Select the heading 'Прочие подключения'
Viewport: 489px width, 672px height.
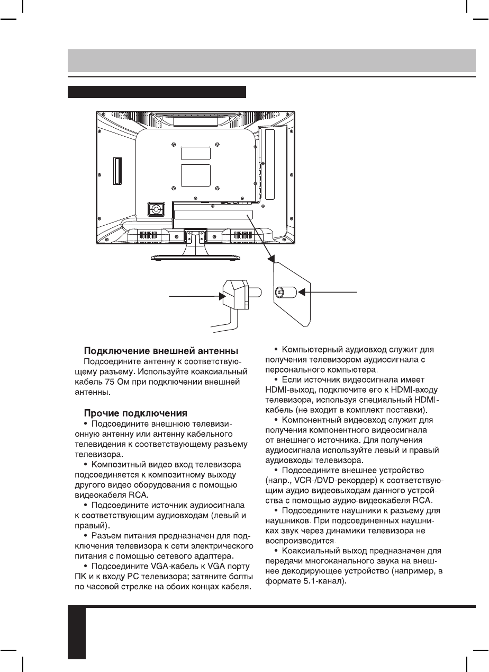[x=134, y=413]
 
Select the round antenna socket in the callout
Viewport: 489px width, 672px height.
[x=280, y=292]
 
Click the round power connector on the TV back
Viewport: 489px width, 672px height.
[x=156, y=209]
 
